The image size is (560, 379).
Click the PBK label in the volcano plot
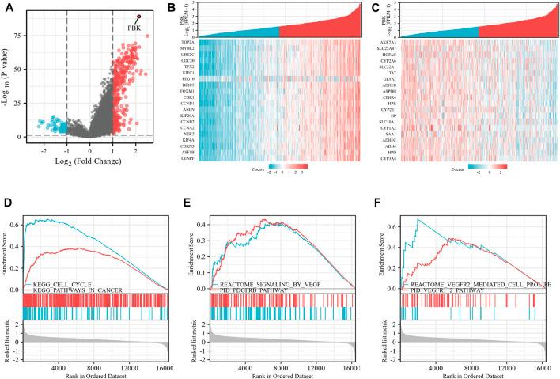[x=134, y=28]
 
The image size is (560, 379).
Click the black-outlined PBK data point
[x=139, y=17]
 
